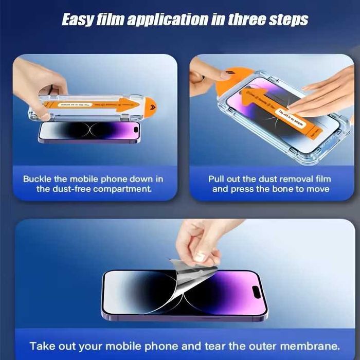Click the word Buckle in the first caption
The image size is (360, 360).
click(x=38, y=179)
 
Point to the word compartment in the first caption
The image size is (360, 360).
click(x=122, y=189)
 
